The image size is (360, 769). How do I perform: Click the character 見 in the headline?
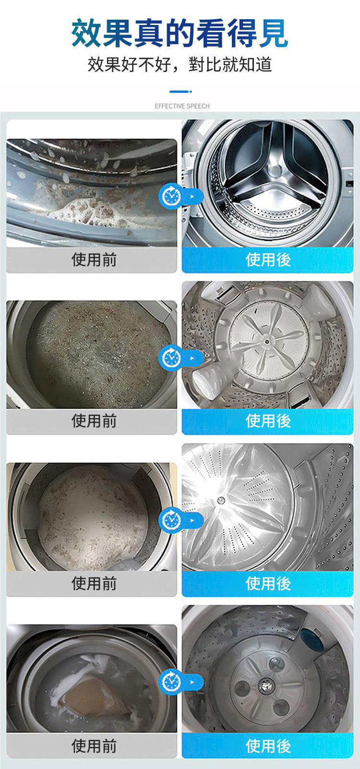[273, 33]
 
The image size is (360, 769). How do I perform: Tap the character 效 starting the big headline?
[86, 33]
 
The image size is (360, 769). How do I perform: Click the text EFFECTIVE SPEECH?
[182, 106]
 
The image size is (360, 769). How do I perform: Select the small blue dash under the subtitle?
[180, 92]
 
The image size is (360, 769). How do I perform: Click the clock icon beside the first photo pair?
[170, 196]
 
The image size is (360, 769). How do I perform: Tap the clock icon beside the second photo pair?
[170, 358]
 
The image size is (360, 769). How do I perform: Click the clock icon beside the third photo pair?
[170, 520]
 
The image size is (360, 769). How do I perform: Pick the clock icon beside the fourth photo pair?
[170, 682]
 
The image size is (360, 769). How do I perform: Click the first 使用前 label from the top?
[94, 260]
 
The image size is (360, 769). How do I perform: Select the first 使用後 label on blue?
[268, 260]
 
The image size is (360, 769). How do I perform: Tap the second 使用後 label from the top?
[268, 421]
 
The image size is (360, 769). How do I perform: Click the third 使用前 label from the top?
[94, 583]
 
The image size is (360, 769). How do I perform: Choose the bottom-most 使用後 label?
[268, 745]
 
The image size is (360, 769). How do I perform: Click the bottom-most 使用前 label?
[94, 745]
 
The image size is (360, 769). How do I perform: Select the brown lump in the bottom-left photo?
[95, 697]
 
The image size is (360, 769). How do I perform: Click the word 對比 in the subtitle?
[205, 65]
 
